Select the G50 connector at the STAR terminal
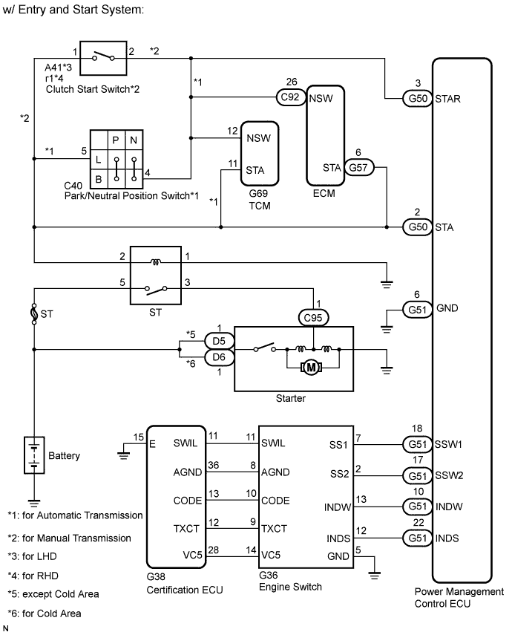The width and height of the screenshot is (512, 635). [x=416, y=97]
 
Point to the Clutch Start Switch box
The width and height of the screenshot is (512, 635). [x=103, y=56]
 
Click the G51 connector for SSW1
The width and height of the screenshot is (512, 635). [x=416, y=445]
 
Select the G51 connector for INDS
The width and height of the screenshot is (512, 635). [x=416, y=538]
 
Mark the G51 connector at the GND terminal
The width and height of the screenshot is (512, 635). [x=416, y=309]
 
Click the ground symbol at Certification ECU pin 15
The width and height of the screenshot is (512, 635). [x=124, y=450]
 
